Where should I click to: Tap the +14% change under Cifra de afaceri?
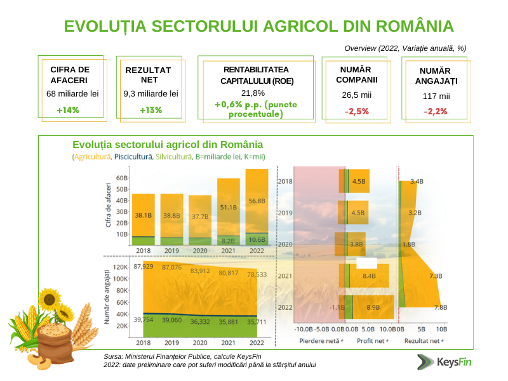point(67,110)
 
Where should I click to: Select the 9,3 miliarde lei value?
point(150,93)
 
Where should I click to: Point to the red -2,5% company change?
point(356,111)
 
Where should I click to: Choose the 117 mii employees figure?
point(436,96)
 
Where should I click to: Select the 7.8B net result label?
point(440,307)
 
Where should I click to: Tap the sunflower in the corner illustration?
point(50,298)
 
